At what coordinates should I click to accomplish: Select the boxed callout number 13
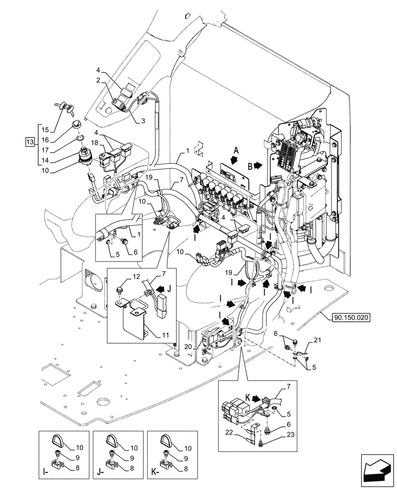(30, 142)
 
